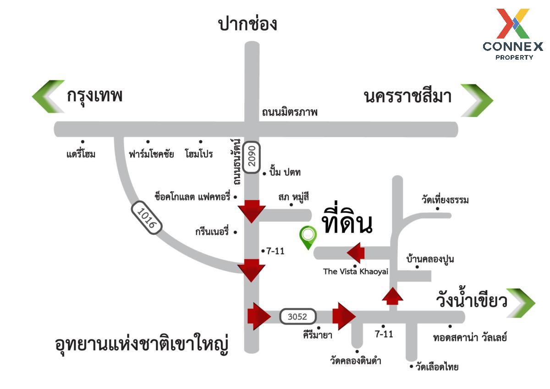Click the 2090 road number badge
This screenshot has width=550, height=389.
point(252,157)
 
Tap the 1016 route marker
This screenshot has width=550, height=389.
point(147,218)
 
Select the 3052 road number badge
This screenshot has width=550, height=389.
point(298,317)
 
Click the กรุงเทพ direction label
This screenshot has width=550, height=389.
point(94,96)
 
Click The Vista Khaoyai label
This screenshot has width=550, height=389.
point(356,272)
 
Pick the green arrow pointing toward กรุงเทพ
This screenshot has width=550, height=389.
point(48,97)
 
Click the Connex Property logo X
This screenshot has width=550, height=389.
point(513,23)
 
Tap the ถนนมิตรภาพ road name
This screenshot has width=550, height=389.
point(290,112)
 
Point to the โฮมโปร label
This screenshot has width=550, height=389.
point(199,154)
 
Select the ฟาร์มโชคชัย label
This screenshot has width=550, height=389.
point(151,154)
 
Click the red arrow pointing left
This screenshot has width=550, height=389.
point(356,253)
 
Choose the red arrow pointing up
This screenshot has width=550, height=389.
point(393,296)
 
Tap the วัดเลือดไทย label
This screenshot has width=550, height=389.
point(437,367)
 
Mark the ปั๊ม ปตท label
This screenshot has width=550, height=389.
point(285,172)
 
